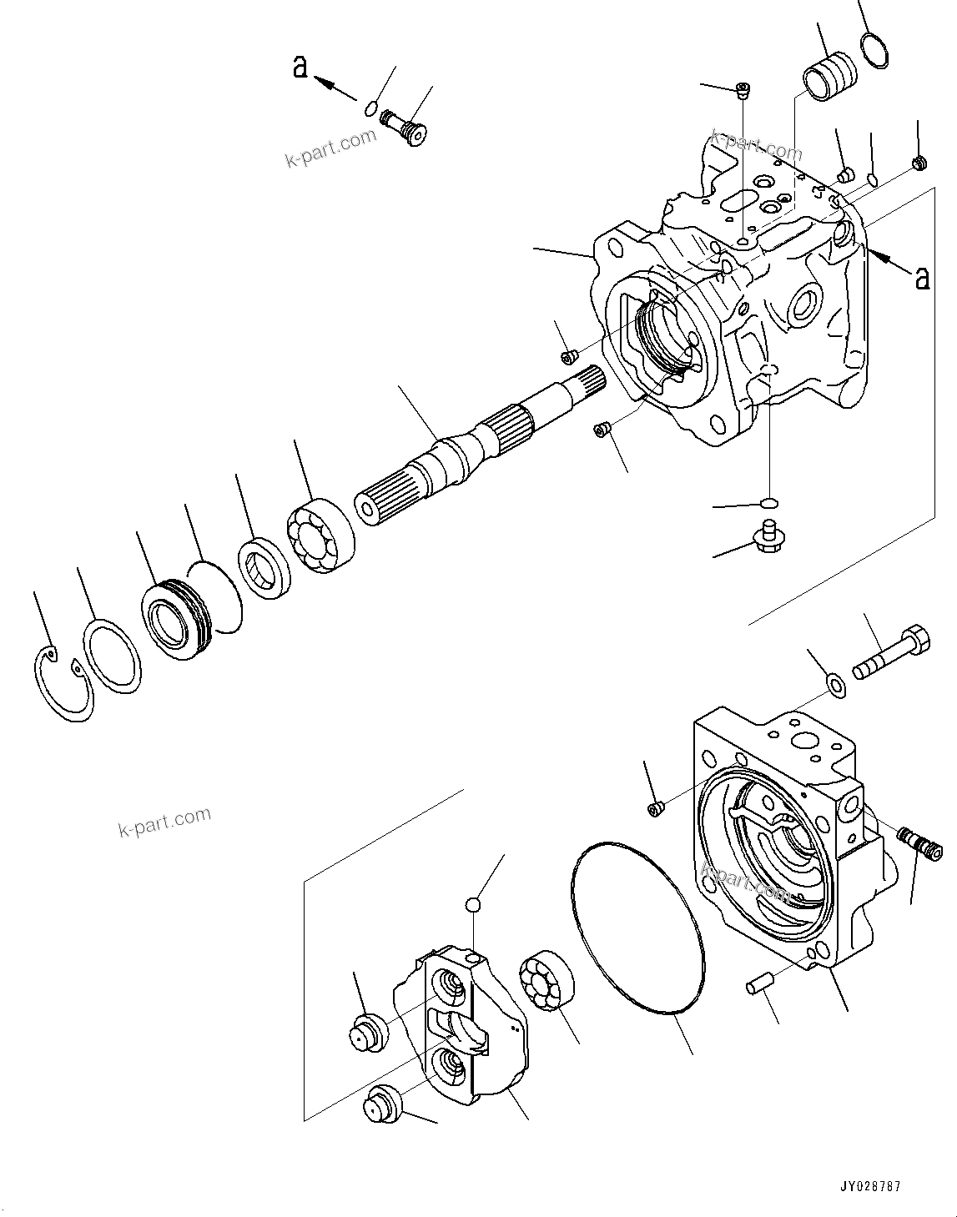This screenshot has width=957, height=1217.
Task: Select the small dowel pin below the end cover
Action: pyautogui.click(x=757, y=986)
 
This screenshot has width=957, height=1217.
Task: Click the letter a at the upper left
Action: pyautogui.click(x=300, y=67)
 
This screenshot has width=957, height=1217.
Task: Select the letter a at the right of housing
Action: pyautogui.click(x=922, y=277)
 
